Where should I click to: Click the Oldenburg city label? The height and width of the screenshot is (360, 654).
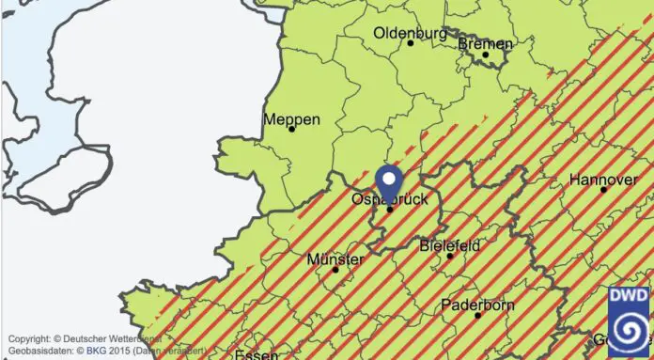410,33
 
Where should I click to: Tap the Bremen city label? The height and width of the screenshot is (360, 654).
485,43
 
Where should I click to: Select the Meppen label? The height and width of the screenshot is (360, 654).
291,119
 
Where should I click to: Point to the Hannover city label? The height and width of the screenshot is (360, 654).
603,179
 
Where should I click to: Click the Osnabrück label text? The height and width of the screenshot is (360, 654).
389,200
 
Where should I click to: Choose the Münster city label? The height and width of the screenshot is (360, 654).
335,258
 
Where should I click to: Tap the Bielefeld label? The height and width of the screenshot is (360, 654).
449,245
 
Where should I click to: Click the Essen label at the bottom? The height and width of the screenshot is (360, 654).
256,355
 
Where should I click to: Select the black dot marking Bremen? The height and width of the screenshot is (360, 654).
486,54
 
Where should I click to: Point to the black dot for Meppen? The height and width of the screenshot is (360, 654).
291,129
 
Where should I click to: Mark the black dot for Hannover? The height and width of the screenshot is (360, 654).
603,189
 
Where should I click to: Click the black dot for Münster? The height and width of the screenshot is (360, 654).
335,270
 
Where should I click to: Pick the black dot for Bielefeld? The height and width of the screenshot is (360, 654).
450,256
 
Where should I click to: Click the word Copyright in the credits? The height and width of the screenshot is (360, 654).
28,338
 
